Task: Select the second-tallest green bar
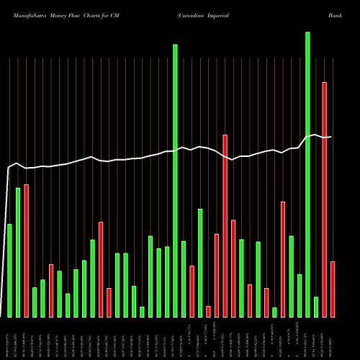pos(175,181)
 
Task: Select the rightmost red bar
pos(333,289)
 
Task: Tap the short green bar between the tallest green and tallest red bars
pos(315,307)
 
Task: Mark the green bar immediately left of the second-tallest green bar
pos(166,282)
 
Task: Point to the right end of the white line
pos(330,137)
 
